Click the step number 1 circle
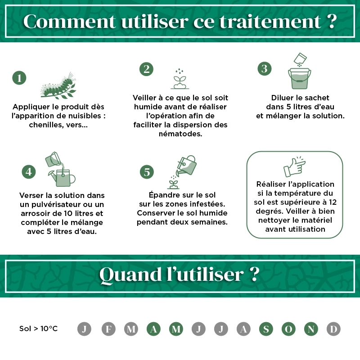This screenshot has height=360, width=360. click(19, 78)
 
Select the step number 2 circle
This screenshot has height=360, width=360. click(146, 69)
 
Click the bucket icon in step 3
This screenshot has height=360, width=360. click(299, 79)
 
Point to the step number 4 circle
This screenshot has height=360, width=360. click(29, 171)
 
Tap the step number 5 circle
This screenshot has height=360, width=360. click(147, 171)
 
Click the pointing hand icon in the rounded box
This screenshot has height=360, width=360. click(294, 167)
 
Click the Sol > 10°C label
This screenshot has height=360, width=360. click(39, 329)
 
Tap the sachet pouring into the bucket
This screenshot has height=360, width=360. click(300, 58)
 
